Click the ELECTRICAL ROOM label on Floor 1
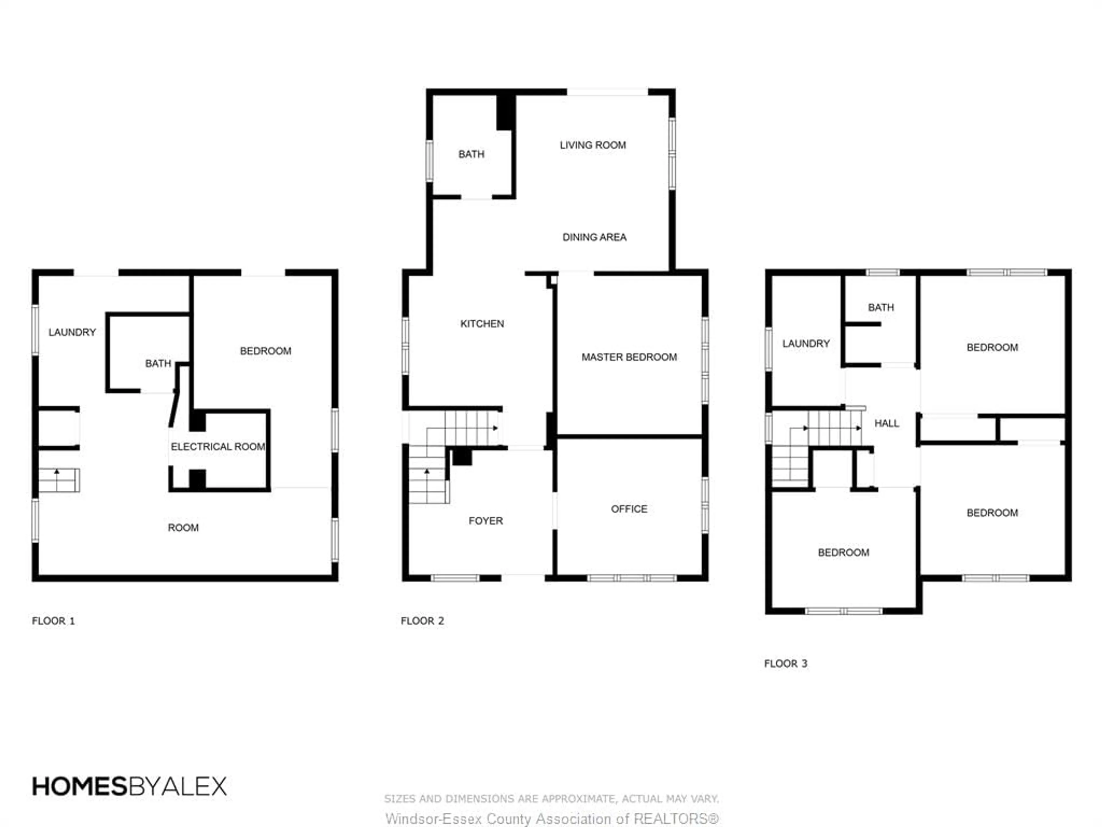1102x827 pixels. click(x=218, y=447)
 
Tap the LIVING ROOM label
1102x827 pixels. click(x=592, y=145)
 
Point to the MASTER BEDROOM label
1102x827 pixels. click(x=629, y=357)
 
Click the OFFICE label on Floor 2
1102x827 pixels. click(x=629, y=509)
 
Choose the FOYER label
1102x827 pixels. click(x=485, y=521)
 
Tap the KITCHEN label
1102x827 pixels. click(x=482, y=324)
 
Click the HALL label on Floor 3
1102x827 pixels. click(x=886, y=423)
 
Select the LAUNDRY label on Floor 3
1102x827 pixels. click(x=806, y=343)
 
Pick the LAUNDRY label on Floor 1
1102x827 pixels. click(x=72, y=332)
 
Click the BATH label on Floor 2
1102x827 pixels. click(x=471, y=154)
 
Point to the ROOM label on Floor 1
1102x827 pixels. click(x=183, y=527)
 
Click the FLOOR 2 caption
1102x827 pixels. click(x=422, y=621)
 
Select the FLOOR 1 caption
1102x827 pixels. click(x=53, y=621)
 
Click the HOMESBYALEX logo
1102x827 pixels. click(x=129, y=787)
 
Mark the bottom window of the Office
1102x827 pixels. click(x=632, y=578)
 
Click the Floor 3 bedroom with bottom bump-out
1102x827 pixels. click(x=843, y=552)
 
